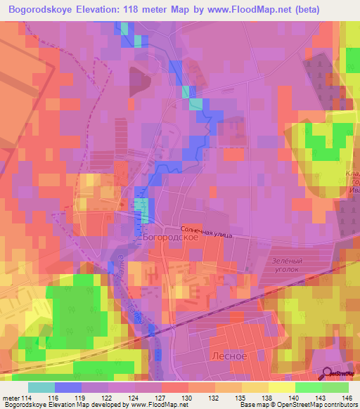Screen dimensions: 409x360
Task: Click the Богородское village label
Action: (170, 238)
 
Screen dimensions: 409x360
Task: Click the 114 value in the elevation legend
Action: (27, 398)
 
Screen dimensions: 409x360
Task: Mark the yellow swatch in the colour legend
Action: (281, 387)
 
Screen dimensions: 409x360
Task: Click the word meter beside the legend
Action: (10, 398)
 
